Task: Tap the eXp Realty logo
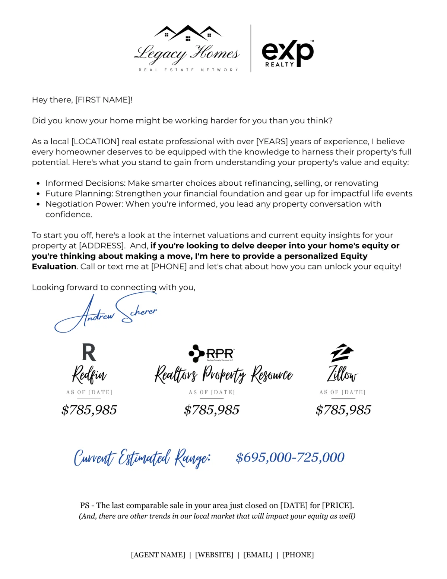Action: tap(288, 53)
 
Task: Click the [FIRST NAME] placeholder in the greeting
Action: tap(103, 100)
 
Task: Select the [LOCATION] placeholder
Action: tap(95, 142)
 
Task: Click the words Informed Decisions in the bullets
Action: tap(85, 183)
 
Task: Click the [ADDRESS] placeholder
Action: tap(102, 246)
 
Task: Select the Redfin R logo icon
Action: tap(89, 353)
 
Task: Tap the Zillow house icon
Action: tap(342, 353)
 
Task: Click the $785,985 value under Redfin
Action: tap(89, 410)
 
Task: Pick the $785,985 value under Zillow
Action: tap(343, 410)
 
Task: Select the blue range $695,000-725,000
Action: tap(290, 457)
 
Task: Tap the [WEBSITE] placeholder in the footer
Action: tap(214, 555)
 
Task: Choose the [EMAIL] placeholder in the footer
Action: tap(258, 555)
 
